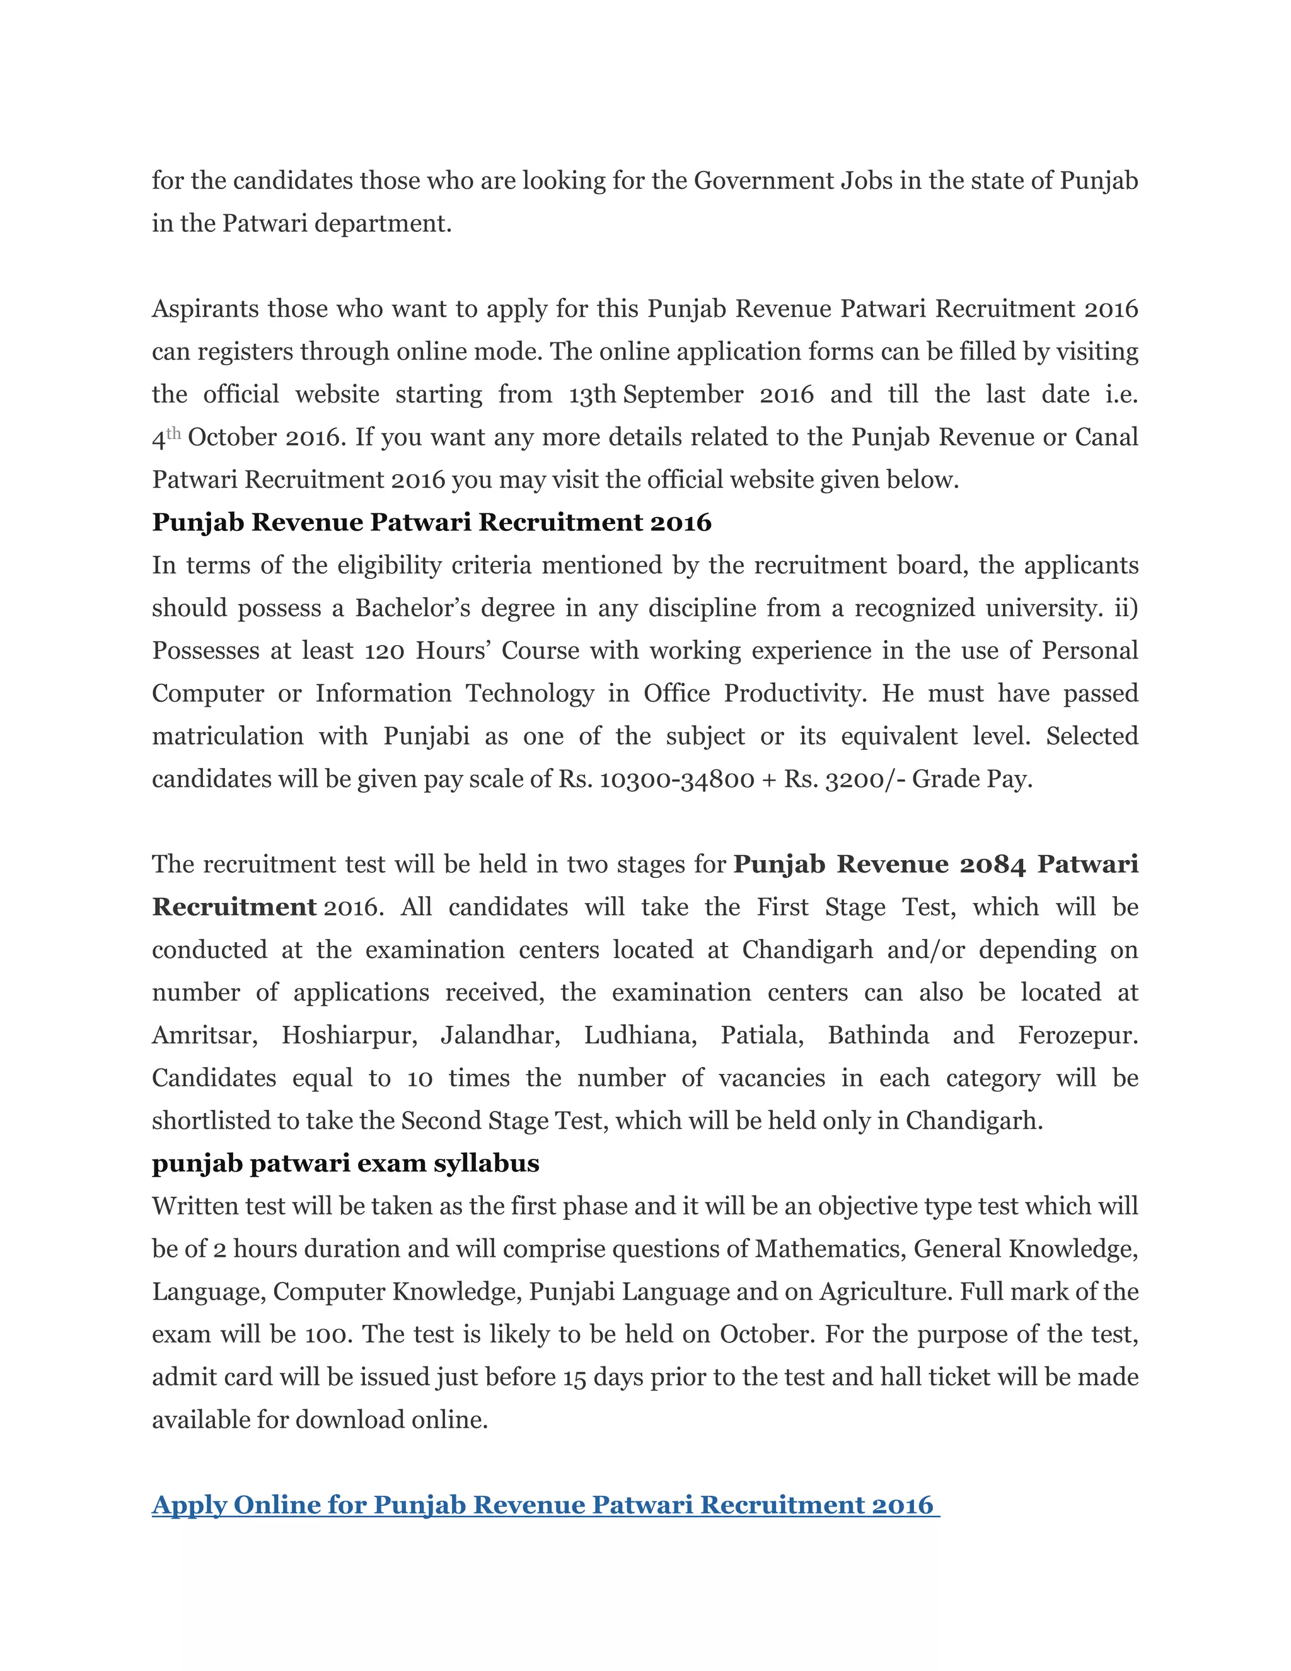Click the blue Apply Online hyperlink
click(545, 1505)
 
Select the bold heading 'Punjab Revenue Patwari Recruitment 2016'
click(431, 522)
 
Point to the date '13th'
click(592, 394)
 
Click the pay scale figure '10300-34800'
click(677, 779)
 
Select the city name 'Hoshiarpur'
click(349, 1035)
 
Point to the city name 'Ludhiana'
click(640, 1035)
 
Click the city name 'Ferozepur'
click(1077, 1035)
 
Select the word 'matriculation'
click(227, 736)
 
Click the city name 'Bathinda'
click(878, 1035)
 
